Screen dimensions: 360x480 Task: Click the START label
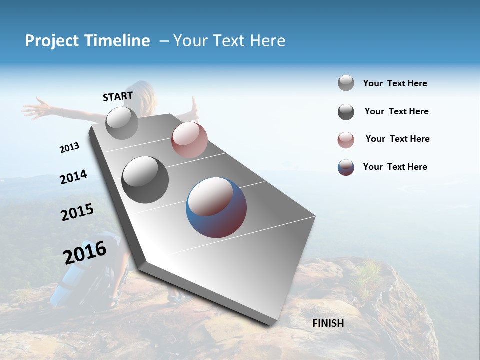click(118, 96)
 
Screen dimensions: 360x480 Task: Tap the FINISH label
click(328, 323)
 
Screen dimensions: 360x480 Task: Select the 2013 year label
click(69, 147)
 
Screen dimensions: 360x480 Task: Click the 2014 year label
click(73, 177)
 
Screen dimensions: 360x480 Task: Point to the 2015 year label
click(77, 212)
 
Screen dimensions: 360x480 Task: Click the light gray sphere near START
click(122, 123)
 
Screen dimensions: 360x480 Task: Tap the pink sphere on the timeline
click(189, 140)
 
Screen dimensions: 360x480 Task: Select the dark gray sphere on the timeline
click(145, 180)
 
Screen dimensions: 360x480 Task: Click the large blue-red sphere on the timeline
click(216, 207)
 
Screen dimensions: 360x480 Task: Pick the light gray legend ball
click(346, 83)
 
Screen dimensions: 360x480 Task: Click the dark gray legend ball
click(346, 112)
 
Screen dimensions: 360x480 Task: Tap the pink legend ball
click(346, 140)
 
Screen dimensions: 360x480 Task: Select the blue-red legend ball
click(346, 167)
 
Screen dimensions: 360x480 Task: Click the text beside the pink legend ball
click(397, 139)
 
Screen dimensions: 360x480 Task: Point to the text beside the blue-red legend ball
click(395, 167)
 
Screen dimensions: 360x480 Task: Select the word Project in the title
click(51, 41)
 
